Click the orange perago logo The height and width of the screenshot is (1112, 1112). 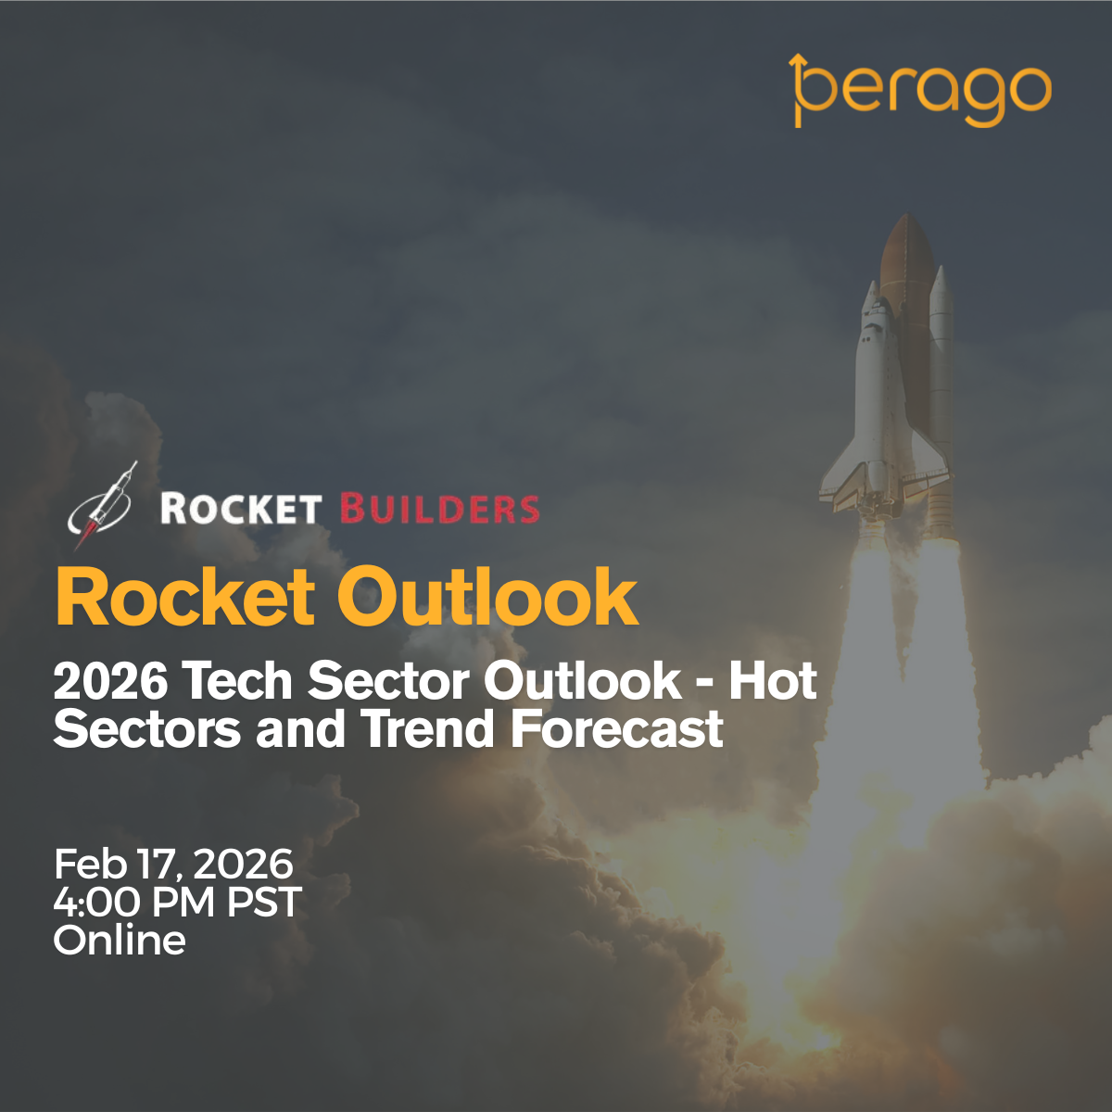click(x=920, y=91)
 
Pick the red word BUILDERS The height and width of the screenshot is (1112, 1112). click(x=440, y=509)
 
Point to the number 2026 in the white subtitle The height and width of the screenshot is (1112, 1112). click(x=111, y=681)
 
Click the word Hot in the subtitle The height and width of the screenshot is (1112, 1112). click(x=773, y=681)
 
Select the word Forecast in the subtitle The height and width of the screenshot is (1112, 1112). click(x=617, y=729)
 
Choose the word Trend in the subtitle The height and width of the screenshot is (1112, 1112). click(x=427, y=729)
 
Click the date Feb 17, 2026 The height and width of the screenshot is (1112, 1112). click(x=173, y=864)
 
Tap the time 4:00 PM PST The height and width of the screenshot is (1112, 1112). click(x=177, y=902)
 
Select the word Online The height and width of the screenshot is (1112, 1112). click(x=120, y=940)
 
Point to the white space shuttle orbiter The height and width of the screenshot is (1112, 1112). click(x=881, y=404)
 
